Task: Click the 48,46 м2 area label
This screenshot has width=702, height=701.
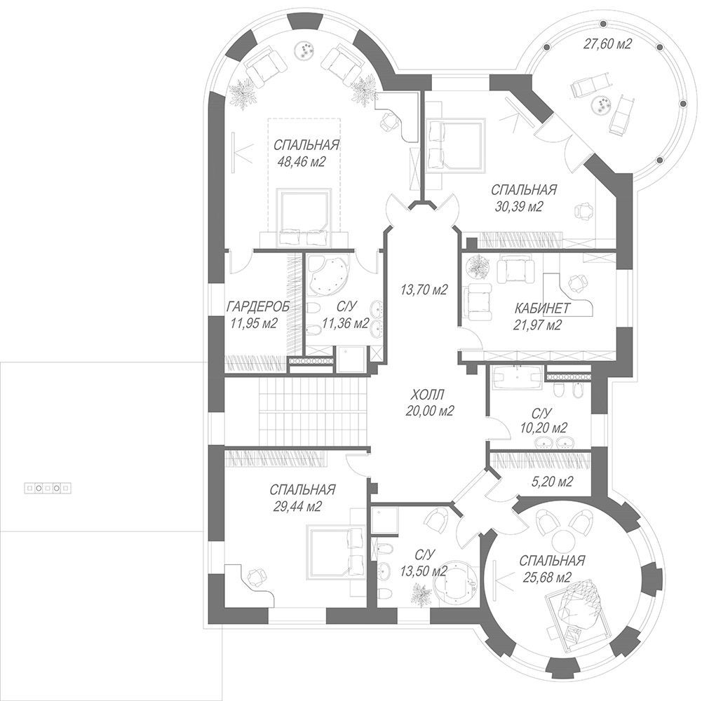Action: (x=302, y=162)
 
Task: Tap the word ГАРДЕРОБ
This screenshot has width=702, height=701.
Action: (x=257, y=306)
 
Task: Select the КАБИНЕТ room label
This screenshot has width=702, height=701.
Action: (x=542, y=308)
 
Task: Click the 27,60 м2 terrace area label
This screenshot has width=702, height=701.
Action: (x=607, y=44)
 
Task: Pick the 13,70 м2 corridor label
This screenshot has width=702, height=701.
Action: (x=424, y=290)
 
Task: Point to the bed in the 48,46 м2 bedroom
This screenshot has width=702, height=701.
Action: (x=304, y=217)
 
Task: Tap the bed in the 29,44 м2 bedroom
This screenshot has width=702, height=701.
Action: (x=335, y=553)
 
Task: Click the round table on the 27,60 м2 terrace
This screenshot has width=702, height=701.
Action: (x=601, y=107)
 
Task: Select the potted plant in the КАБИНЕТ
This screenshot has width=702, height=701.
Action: (x=478, y=266)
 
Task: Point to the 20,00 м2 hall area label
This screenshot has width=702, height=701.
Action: (x=430, y=411)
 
